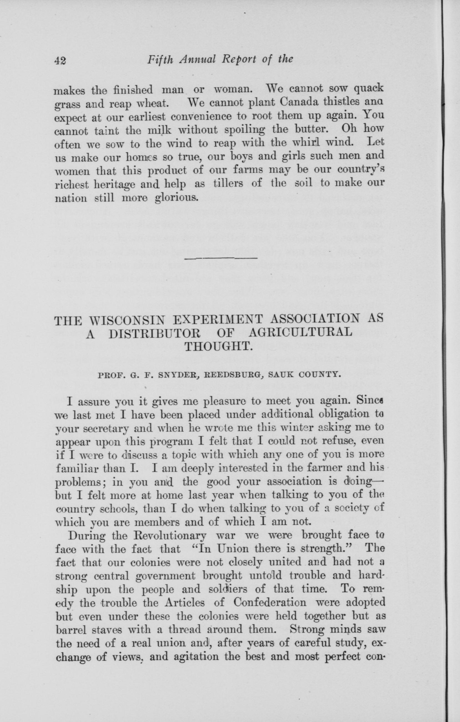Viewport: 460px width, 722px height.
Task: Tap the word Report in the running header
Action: [238, 59]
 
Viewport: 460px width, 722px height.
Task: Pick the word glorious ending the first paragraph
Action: [176, 198]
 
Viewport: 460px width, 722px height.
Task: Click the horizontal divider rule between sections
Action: [221, 258]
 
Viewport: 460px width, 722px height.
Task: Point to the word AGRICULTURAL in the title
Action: [300, 333]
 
